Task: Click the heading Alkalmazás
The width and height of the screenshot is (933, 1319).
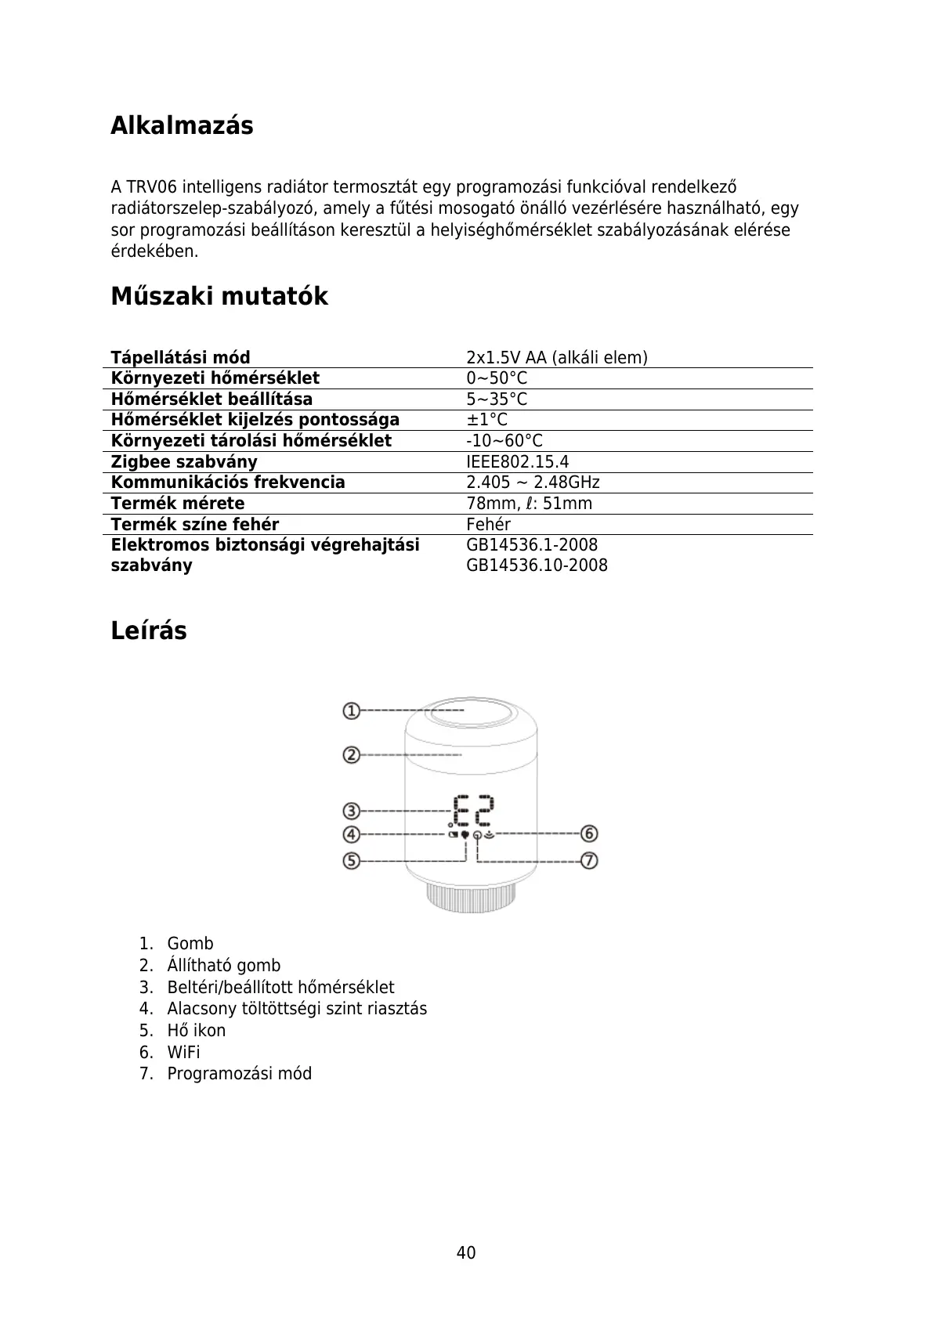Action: tap(182, 125)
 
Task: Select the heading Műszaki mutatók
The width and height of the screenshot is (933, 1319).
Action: tap(219, 297)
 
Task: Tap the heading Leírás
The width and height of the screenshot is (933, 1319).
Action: tap(149, 631)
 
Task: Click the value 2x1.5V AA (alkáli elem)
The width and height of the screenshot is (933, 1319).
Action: tap(556, 358)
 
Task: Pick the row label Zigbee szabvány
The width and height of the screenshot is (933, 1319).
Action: tap(184, 462)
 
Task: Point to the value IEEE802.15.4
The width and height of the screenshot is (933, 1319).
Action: tap(517, 462)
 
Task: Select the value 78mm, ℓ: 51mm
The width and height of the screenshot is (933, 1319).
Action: tap(529, 504)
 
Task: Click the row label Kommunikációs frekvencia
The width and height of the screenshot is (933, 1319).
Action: tap(228, 482)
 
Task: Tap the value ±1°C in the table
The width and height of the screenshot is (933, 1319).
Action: tap(486, 420)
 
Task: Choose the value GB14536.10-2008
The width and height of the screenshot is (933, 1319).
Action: tap(537, 566)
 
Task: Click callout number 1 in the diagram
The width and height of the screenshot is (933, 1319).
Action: tap(351, 711)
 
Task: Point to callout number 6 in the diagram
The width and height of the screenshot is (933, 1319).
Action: tap(589, 833)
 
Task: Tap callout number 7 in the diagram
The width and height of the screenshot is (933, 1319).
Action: tap(589, 861)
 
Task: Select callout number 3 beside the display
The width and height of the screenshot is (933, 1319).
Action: tap(351, 811)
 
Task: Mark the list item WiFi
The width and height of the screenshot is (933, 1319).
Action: tap(183, 1053)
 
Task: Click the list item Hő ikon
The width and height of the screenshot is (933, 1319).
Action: tap(196, 1031)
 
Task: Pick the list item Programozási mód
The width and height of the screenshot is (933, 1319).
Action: tap(239, 1074)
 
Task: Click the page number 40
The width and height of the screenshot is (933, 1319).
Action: tap(466, 1252)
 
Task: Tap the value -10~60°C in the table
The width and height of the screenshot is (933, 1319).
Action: tap(504, 441)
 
